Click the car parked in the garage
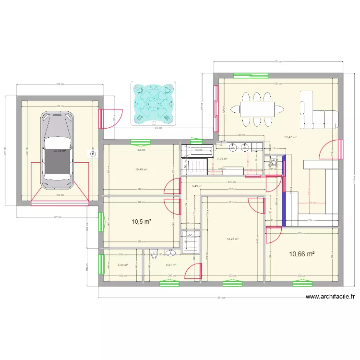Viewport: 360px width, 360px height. (58, 146)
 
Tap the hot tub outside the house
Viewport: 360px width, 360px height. (153, 103)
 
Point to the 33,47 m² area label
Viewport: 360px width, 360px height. (290, 137)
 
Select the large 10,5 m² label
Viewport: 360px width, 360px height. (142, 221)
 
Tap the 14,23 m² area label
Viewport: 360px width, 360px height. (233, 239)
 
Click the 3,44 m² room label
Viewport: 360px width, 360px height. (123, 264)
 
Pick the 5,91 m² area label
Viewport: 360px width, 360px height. (171, 264)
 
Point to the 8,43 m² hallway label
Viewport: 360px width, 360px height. (197, 186)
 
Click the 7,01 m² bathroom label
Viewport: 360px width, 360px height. (222, 159)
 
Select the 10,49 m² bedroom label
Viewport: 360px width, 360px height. (141, 169)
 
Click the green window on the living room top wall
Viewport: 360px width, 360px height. (250, 75)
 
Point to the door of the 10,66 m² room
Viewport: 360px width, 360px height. (273, 235)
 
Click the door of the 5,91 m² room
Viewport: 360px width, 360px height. (193, 271)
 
